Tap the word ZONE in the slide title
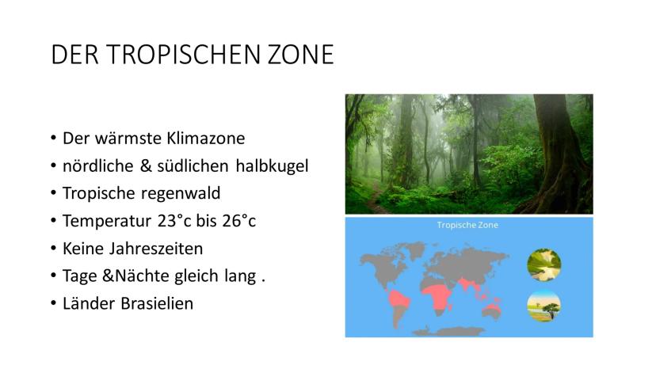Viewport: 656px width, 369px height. pyautogui.click(x=301, y=55)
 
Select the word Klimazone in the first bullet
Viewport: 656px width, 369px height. pyautogui.click(x=206, y=138)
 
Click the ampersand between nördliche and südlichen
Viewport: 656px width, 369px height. pyautogui.click(x=146, y=165)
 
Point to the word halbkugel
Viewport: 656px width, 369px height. pyautogui.click(x=272, y=165)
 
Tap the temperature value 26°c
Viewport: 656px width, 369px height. pyautogui.click(x=239, y=221)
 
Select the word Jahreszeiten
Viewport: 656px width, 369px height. pyautogui.click(x=156, y=249)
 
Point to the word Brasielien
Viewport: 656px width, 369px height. pyautogui.click(x=158, y=303)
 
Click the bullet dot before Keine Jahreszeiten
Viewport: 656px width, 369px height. pyautogui.click(x=53, y=249)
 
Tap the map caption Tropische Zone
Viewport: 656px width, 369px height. pyautogui.click(x=467, y=225)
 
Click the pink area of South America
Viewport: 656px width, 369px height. pyautogui.click(x=399, y=300)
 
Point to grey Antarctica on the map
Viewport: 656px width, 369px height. pyautogui.click(x=448, y=333)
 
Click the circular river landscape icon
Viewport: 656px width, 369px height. pyautogui.click(x=543, y=265)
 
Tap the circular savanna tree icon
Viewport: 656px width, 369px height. pyautogui.click(x=543, y=306)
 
